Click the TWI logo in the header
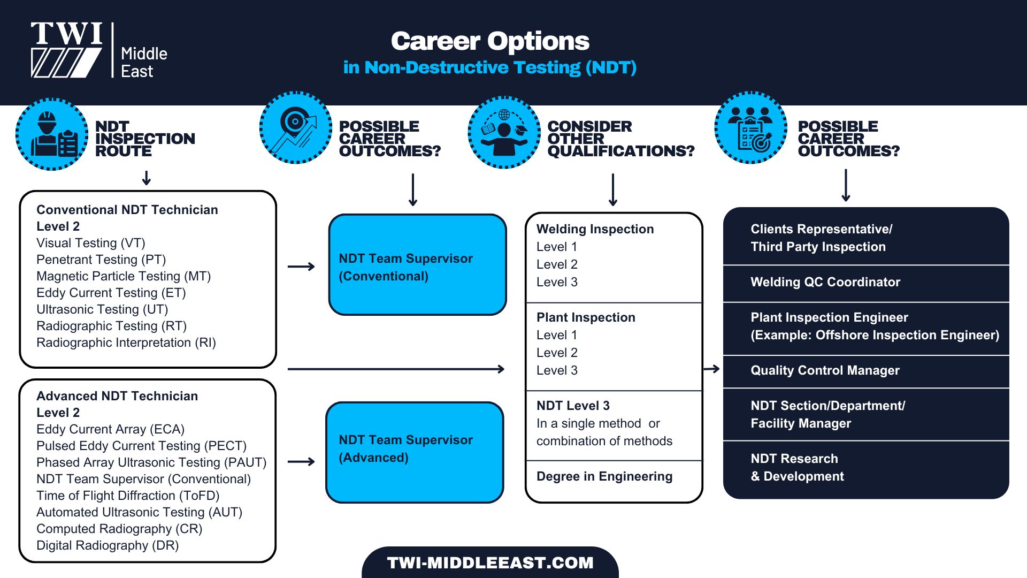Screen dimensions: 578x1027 click(x=67, y=50)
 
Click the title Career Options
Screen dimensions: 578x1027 click(x=489, y=41)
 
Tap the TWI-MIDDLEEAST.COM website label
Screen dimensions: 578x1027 click(x=490, y=562)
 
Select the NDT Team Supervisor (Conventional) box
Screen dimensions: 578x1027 click(x=417, y=265)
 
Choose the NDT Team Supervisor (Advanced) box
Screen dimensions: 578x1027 click(x=415, y=452)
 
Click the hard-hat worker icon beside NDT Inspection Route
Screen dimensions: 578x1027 click(x=52, y=134)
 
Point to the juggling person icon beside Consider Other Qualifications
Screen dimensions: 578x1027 click(x=504, y=133)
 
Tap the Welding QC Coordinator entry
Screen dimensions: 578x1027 click(x=825, y=282)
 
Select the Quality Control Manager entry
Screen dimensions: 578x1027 click(x=825, y=370)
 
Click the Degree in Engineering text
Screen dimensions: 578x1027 click(x=604, y=476)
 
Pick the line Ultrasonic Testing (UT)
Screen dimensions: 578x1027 click(x=102, y=309)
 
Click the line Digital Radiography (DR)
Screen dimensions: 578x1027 click(x=108, y=545)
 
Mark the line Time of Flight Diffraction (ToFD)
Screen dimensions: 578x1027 click(x=128, y=496)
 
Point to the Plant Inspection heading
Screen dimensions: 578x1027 click(x=586, y=317)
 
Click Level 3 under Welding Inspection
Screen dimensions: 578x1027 click(x=557, y=282)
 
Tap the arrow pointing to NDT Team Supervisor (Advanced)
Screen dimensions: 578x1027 click(x=301, y=461)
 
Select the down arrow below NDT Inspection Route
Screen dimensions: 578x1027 click(x=147, y=178)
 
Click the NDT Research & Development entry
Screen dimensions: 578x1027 click(x=797, y=467)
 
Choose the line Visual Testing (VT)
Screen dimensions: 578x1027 click(x=91, y=243)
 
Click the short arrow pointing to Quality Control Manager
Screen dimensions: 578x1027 click(x=711, y=369)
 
